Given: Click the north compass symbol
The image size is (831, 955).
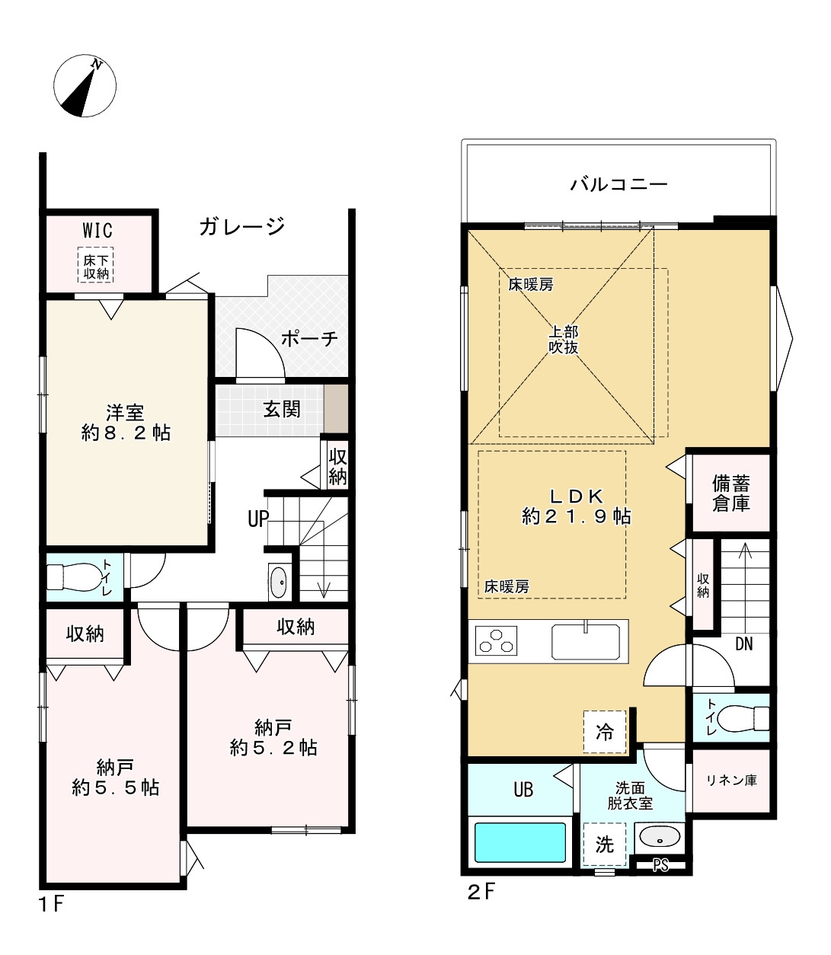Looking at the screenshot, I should (x=85, y=86).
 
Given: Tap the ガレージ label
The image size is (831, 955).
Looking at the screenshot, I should (x=241, y=226).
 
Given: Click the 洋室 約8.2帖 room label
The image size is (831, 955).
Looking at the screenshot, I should (x=126, y=423).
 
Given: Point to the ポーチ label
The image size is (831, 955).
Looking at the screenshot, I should (x=309, y=338).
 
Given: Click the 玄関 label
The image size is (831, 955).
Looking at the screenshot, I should (x=282, y=409).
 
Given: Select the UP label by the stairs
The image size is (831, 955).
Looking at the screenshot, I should (x=258, y=519).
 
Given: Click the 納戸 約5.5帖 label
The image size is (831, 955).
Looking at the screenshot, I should (x=115, y=777).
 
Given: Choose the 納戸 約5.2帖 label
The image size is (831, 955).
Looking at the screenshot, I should (x=273, y=736).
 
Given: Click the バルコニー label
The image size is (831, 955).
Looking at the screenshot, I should (x=619, y=184).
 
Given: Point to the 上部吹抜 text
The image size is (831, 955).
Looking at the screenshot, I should (x=564, y=340).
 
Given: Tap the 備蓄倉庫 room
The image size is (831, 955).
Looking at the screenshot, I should (x=730, y=493).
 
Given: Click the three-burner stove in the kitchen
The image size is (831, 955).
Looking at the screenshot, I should (x=496, y=640).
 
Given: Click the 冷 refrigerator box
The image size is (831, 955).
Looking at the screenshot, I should (x=604, y=732).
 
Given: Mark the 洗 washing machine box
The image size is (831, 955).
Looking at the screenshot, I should (x=604, y=844).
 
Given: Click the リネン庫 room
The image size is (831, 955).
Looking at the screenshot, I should (x=730, y=781).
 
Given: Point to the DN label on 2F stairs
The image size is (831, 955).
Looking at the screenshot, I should (x=743, y=644).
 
